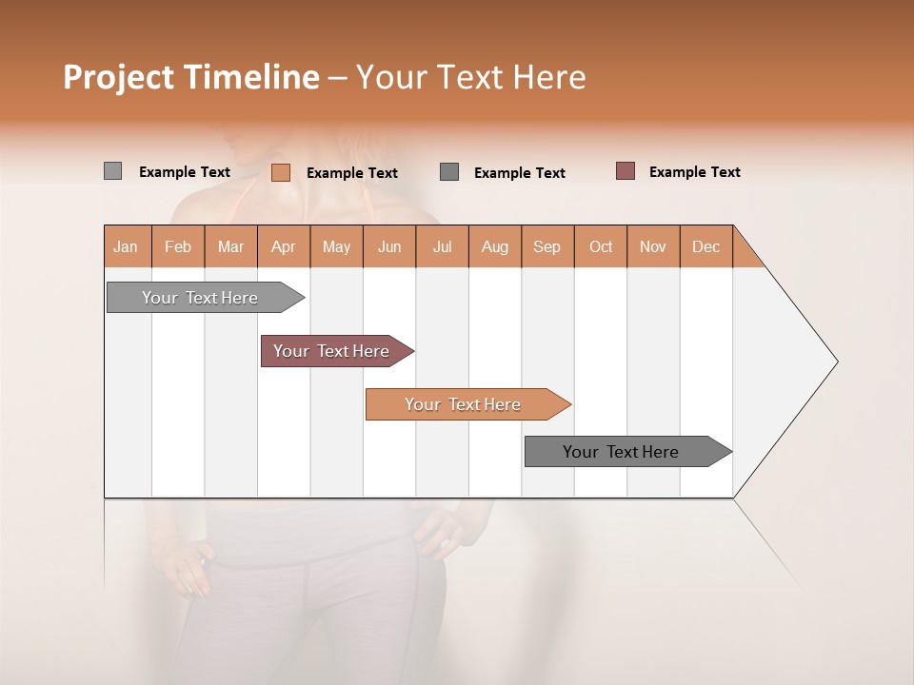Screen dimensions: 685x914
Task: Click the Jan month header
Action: pos(127,246)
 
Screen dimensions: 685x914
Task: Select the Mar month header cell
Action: pos(230,246)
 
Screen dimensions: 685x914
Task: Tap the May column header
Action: pos(336,246)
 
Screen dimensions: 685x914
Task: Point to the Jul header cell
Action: pos(442,246)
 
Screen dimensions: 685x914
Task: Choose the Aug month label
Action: pos(494,246)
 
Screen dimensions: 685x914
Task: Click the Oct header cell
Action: pos(600,246)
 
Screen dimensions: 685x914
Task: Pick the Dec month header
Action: pos(705,246)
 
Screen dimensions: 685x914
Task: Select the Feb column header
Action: pos(178,246)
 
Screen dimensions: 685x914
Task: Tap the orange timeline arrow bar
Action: pos(464,404)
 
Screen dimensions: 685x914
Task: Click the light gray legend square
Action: pos(112,171)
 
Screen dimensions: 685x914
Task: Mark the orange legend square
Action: pos(280,172)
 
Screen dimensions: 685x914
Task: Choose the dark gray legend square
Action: pos(449,171)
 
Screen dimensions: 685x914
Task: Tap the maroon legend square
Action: pos(625,171)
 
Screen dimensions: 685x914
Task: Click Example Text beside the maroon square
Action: pos(694,172)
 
